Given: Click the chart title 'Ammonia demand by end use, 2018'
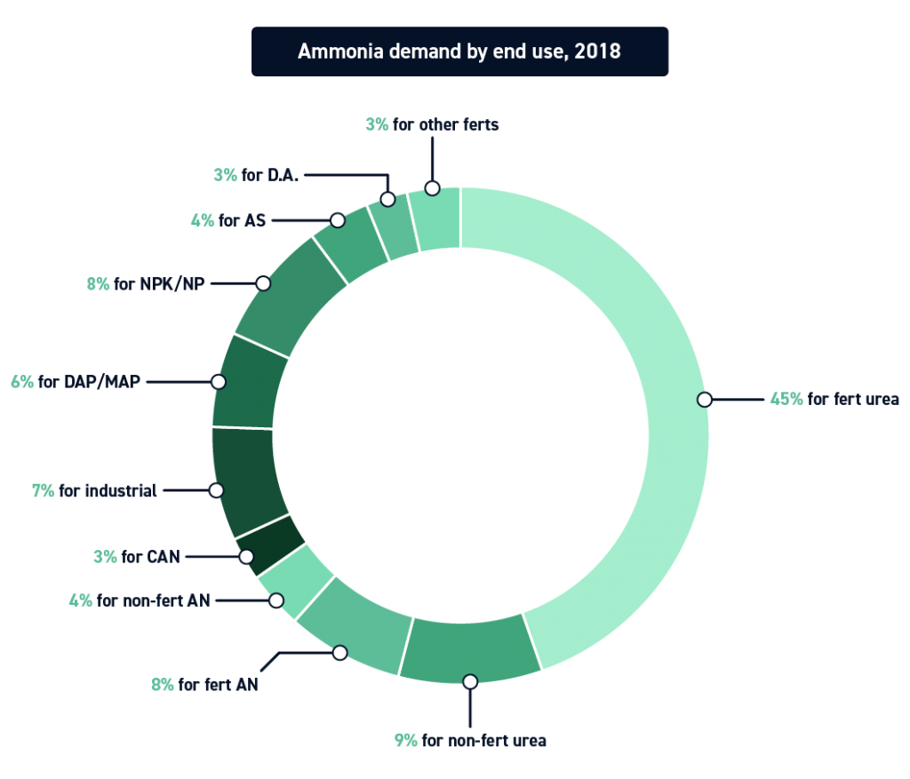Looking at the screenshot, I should click(459, 51).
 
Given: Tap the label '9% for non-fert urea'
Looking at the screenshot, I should click(470, 739).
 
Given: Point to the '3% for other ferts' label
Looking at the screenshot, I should click(432, 124).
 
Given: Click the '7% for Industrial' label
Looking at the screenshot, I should click(94, 490).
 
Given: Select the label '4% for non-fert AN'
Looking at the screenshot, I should click(140, 600).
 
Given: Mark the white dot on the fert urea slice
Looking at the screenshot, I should click(704, 400).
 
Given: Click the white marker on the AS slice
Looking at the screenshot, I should click(337, 220).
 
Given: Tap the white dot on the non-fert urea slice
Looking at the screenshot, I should click(470, 681).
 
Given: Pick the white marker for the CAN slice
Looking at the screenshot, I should click(246, 557).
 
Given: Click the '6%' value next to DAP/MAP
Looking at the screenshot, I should click(22, 382).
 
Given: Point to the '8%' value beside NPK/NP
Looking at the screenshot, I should click(98, 284).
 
